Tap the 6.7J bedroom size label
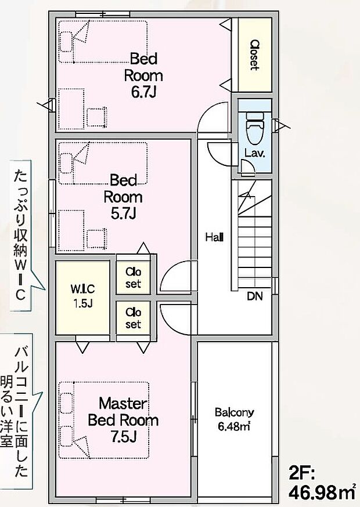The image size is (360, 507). [x=143, y=92]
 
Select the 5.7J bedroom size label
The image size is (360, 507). [x=123, y=213]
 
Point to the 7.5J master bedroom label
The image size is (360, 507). [x=123, y=437]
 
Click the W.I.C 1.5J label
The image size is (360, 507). [x=83, y=296]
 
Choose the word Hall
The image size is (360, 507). [x=214, y=238]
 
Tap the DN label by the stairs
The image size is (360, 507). [x=255, y=296]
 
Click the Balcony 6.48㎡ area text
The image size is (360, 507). [x=234, y=419]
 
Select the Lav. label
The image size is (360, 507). [x=255, y=153]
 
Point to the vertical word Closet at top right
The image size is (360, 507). [x=255, y=55]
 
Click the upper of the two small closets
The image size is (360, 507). [x=133, y=277]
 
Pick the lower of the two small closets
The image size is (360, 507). [x=133, y=318]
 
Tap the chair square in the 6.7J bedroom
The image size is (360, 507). [x=96, y=117]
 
